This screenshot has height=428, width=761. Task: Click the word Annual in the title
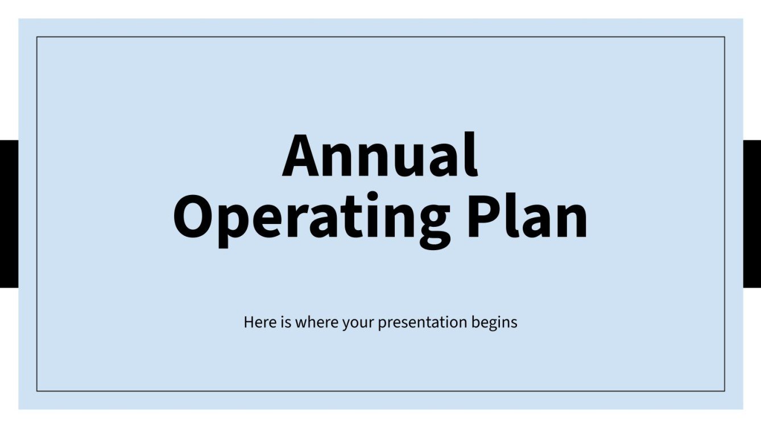point(379,156)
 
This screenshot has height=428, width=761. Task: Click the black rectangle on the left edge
point(9,214)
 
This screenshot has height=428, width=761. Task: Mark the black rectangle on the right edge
point(752,214)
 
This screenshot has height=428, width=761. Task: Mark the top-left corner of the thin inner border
point(37,37)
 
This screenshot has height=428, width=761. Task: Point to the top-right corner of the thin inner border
point(725,37)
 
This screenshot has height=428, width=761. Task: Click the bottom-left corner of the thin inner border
point(37,391)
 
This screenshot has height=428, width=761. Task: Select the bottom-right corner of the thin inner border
point(725,391)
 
